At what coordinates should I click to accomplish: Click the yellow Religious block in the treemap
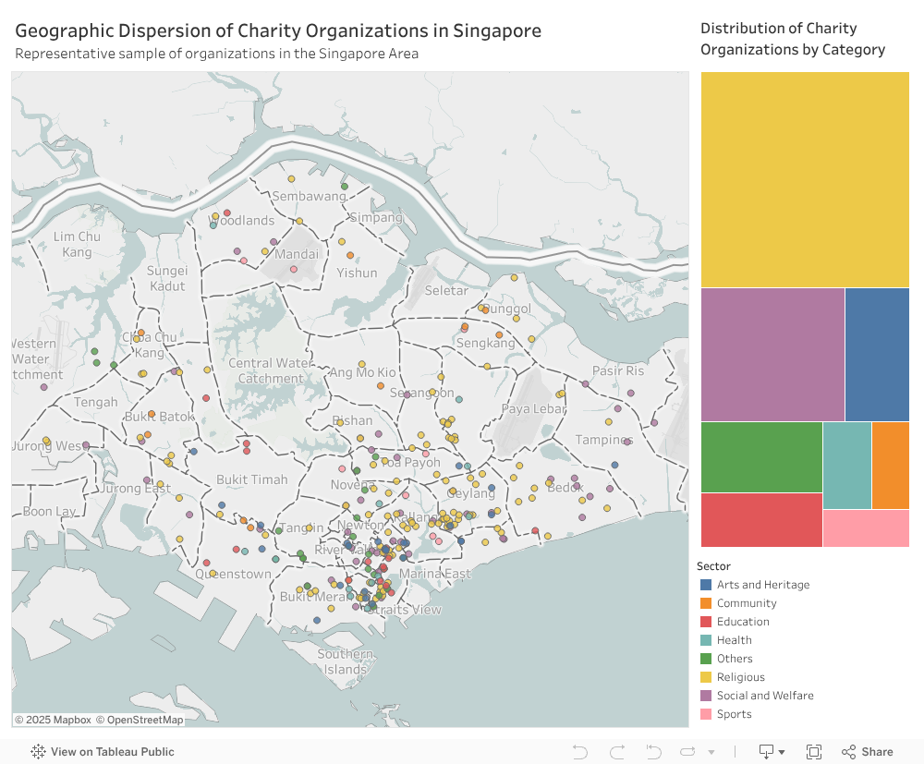(805, 180)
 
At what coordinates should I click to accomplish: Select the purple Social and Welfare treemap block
(772, 355)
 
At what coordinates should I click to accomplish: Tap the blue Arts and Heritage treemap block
(877, 355)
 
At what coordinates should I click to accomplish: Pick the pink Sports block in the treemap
(866, 528)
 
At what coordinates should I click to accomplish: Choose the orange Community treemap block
(890, 466)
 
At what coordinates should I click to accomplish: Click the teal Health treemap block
(846, 466)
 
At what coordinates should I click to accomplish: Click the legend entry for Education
(743, 622)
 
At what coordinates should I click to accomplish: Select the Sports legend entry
(734, 714)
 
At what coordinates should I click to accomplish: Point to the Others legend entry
(735, 659)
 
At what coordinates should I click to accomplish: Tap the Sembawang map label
(309, 197)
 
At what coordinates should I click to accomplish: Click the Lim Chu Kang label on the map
(77, 245)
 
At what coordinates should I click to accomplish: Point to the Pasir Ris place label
(618, 371)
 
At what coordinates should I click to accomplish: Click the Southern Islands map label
(346, 661)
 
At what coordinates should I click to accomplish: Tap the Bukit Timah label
(251, 480)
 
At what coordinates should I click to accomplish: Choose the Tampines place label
(602, 440)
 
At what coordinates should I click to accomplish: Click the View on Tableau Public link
(112, 752)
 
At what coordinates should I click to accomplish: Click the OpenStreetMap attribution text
(145, 720)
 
